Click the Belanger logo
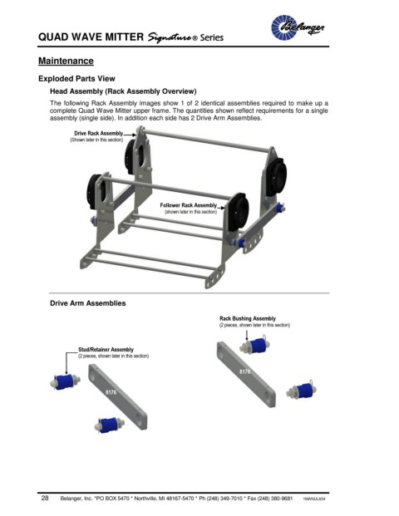pos(298,27)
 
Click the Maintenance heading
pos(66,61)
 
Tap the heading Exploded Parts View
pos(76,79)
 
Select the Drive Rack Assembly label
pos(98,133)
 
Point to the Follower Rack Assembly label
pos(189,205)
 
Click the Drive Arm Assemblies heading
pos(88,303)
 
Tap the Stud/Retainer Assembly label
pos(106,350)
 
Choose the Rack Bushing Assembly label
pos(248,318)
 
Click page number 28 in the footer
pos(45,498)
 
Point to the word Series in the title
pos(212,37)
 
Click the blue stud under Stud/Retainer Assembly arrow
pos(65,382)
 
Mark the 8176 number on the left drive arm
pos(111,392)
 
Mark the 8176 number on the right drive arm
pos(244,371)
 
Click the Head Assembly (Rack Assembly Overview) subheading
pos(123,91)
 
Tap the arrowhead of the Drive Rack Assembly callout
pos(134,135)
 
